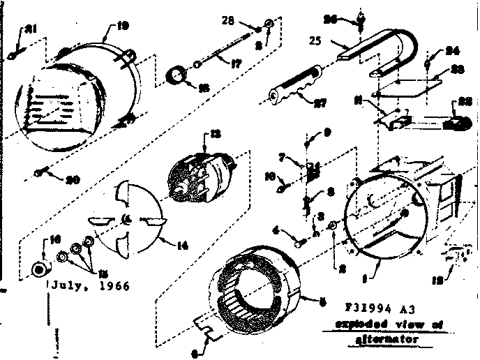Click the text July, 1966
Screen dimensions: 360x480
[x=89, y=286]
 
